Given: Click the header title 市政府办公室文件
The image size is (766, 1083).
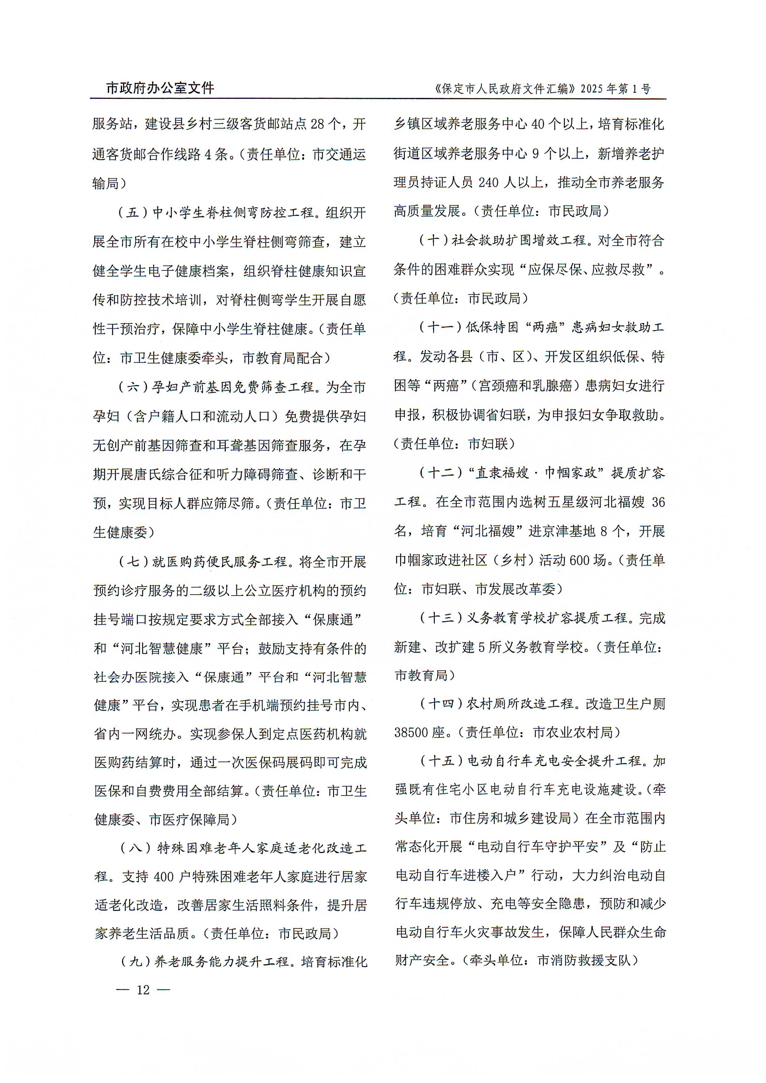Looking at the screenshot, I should click(160, 88).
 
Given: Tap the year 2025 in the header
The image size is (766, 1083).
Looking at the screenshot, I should click(592, 89).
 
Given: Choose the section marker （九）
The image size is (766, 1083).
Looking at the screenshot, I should click(135, 962).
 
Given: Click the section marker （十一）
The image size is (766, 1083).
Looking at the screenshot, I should click(440, 327).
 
